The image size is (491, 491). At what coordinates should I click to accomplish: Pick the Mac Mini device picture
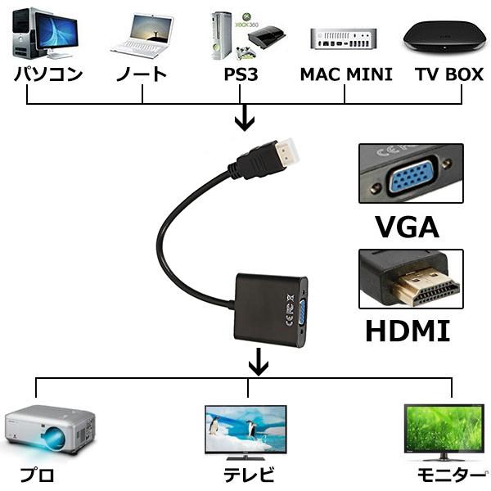click(x=344, y=38)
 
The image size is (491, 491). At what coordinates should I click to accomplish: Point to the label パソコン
click(x=47, y=74)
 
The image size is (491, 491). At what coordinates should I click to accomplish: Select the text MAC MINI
click(x=345, y=74)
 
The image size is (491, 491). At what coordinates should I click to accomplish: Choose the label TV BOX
click(x=448, y=74)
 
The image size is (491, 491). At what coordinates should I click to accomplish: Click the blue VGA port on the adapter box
click(x=301, y=311)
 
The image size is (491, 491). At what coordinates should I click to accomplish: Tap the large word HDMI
click(x=407, y=331)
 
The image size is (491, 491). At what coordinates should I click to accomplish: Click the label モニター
click(x=450, y=474)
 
